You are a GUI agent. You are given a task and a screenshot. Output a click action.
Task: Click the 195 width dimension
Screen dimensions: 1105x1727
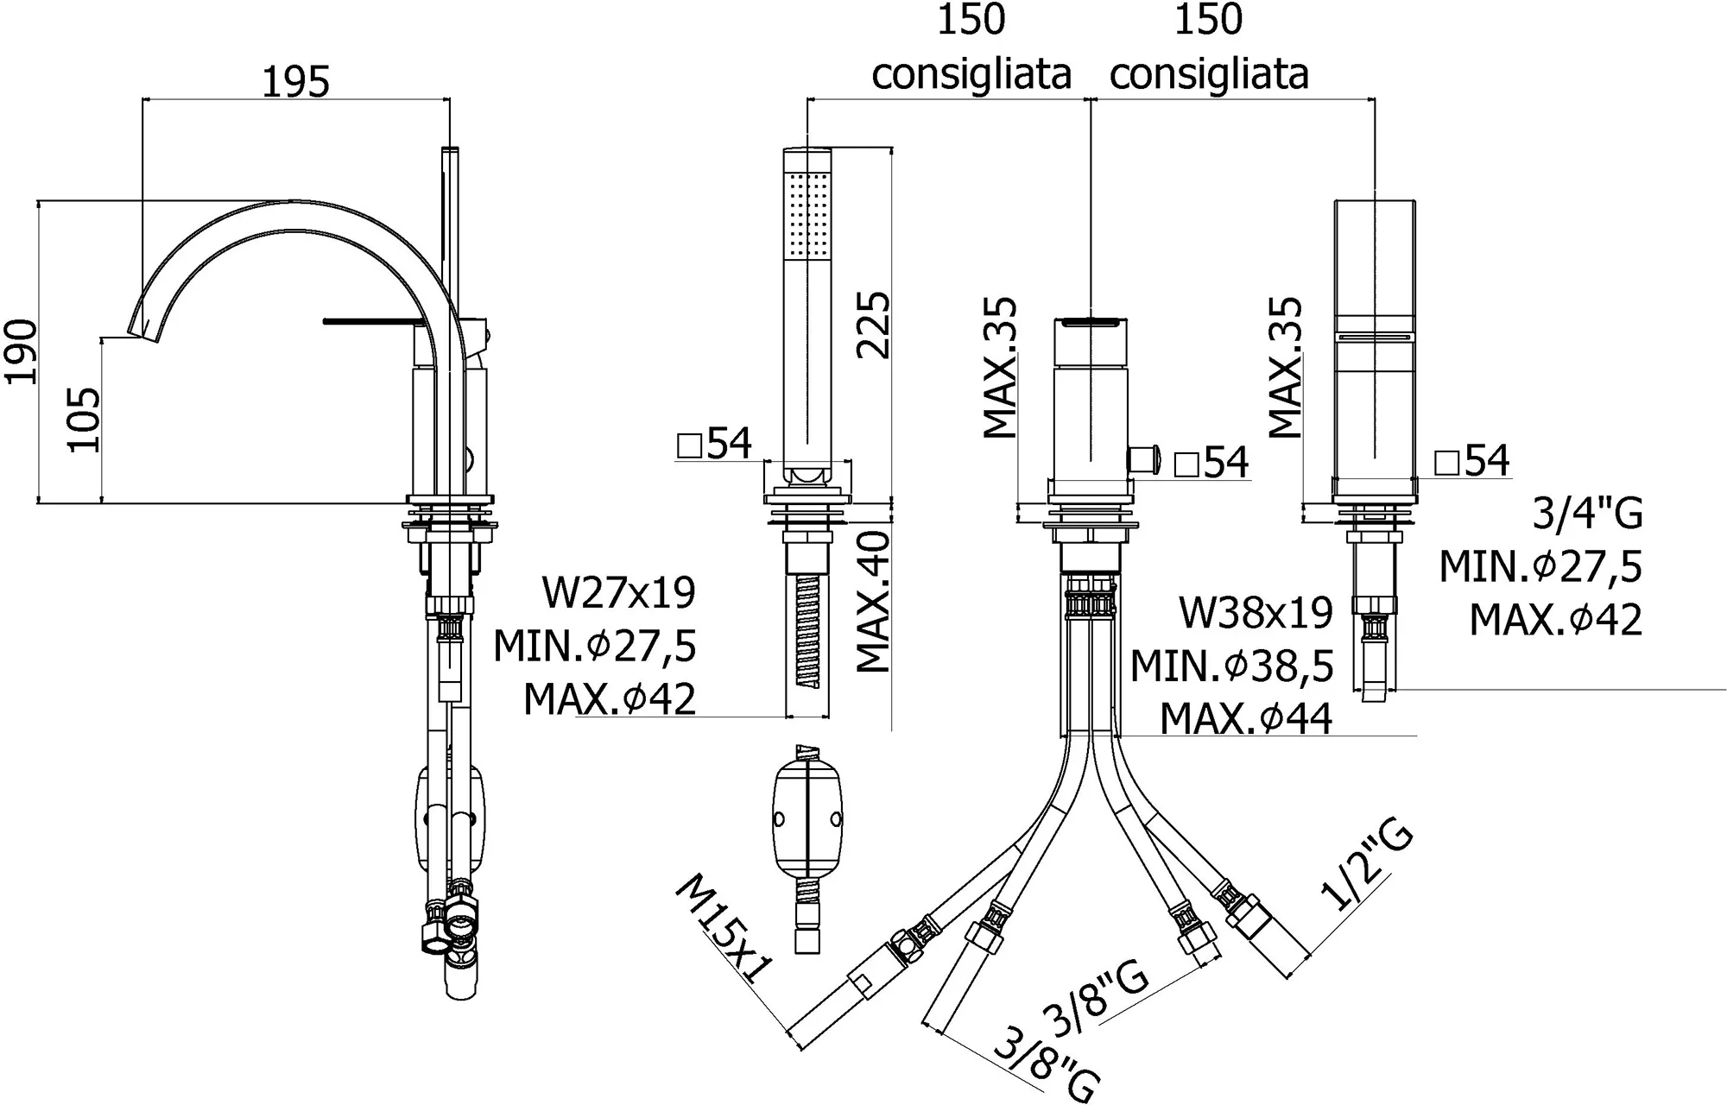tap(295, 82)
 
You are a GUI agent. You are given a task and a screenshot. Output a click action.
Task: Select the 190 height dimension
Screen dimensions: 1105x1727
tap(21, 351)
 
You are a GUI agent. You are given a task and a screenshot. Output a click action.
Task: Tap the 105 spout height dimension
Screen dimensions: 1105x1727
tap(85, 420)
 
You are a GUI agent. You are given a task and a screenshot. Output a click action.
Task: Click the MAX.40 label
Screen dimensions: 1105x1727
tap(873, 602)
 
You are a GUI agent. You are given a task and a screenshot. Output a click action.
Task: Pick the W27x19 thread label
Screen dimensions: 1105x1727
tap(618, 593)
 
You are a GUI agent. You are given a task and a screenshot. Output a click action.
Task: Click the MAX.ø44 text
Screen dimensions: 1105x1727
tap(1245, 718)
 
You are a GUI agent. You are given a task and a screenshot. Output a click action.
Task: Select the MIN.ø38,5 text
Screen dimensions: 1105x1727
tap(1232, 666)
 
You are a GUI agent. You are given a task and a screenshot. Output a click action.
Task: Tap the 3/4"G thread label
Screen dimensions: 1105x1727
tap(1587, 515)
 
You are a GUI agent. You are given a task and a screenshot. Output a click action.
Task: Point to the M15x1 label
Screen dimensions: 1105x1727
tap(724, 930)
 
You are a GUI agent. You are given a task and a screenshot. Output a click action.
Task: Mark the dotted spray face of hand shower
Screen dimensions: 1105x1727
tap(807, 213)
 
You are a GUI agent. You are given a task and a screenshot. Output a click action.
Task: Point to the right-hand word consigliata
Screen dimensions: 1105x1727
tap(1208, 74)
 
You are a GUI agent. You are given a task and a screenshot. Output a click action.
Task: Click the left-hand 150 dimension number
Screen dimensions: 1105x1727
tap(971, 20)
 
